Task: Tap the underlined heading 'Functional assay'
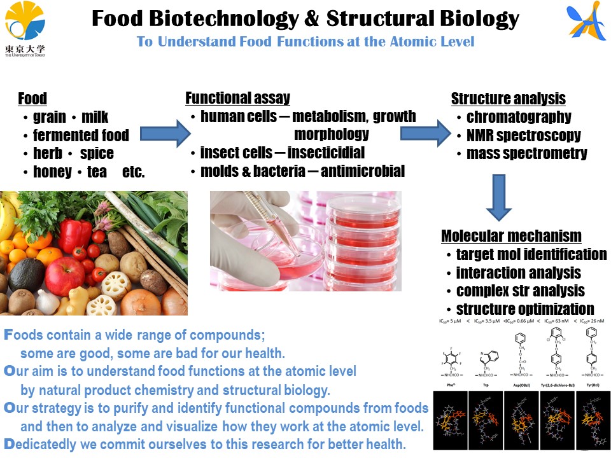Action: tap(237, 98)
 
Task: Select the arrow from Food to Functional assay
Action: tap(165, 133)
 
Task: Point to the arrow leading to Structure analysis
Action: tap(425, 133)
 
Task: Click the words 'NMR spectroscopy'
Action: tap(523, 135)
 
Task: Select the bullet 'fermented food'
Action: tap(80, 135)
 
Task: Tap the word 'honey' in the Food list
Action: tap(52, 172)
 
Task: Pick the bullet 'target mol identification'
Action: tap(531, 254)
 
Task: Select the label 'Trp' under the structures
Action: tap(485, 385)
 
